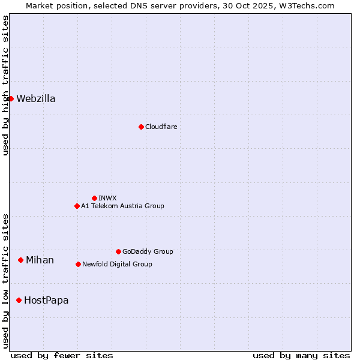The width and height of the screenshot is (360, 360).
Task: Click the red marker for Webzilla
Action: point(11,98)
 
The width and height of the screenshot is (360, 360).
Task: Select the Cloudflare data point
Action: point(141,127)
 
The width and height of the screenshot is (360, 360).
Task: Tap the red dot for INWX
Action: point(94,198)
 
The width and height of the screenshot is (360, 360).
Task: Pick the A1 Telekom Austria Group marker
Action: point(77,206)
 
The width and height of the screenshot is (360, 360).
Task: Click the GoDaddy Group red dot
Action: point(118,251)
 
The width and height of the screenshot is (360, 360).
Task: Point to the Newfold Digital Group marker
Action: point(78,264)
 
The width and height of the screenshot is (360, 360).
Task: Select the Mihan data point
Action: point(20,260)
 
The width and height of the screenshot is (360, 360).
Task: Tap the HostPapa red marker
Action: point(19,300)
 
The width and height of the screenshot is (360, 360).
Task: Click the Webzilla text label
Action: point(36,99)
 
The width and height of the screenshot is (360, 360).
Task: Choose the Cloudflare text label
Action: point(161,127)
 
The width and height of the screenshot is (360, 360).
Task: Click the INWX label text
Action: point(107,198)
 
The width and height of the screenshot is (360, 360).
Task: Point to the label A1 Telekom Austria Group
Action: point(122,206)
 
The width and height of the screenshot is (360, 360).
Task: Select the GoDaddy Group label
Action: point(148,251)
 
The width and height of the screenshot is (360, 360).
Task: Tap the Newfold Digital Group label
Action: point(117,264)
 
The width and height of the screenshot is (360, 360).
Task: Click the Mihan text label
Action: point(40,260)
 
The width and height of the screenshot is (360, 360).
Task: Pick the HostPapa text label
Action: point(46,300)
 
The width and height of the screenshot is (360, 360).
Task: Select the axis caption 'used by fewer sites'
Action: point(62,355)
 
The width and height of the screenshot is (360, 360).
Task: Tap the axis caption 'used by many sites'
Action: point(301,355)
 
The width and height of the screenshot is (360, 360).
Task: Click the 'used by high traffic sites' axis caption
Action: point(5,85)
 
